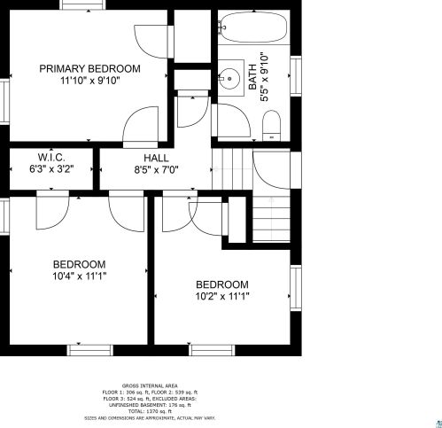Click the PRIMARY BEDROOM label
89,69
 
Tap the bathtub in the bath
254,27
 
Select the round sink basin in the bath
229,79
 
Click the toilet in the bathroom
272,126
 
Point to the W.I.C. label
51,157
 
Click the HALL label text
157,158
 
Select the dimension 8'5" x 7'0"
156,170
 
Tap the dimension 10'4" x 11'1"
80,276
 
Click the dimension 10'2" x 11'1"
222,296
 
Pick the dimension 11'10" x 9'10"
90,81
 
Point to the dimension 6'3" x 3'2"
51,169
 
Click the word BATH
252,77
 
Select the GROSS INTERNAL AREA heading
150,385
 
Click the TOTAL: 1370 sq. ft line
150,411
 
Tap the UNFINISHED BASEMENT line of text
150,405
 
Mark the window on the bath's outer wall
296,75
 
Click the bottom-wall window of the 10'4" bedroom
90,350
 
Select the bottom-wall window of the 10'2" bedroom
212,350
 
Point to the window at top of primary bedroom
82,4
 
